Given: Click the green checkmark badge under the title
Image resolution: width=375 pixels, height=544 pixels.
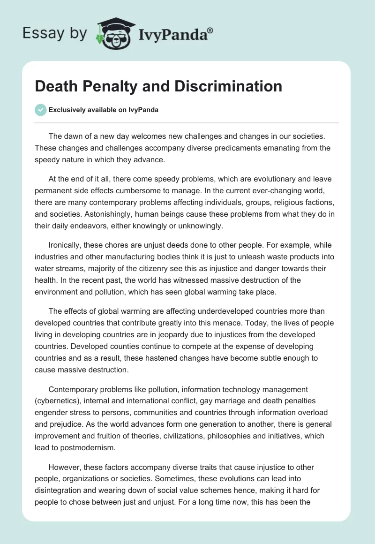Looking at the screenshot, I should point(41,110).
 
